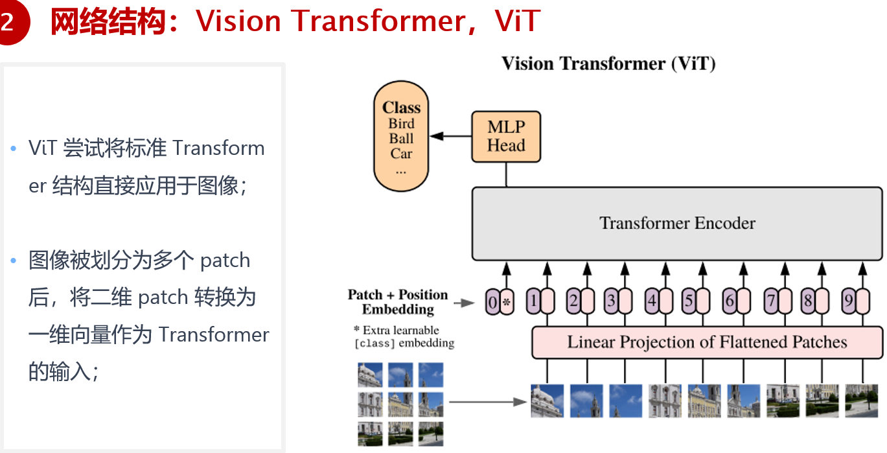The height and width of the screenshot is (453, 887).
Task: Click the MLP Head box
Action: coord(506,137)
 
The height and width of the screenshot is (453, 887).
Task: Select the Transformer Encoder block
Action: coord(677,224)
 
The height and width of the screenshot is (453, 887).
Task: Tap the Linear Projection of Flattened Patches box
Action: coord(708,343)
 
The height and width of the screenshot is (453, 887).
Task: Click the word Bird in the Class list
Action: coord(401,124)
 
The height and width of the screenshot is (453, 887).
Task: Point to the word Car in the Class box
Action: coord(401,153)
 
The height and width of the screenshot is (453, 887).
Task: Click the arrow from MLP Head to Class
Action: coord(451,136)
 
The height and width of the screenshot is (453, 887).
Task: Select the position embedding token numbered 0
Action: coord(492,302)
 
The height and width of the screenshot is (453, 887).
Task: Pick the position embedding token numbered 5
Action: coord(689,301)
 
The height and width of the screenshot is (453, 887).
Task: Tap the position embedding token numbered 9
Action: coord(849,301)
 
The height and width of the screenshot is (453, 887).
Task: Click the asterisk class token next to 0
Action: coord(507,302)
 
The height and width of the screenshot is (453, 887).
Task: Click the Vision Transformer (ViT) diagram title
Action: coord(608,64)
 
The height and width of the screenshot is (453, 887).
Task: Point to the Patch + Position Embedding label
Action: coord(398,302)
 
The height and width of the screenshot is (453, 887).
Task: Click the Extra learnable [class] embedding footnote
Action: coord(404,336)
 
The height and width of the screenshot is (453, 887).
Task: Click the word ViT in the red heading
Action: coord(517,21)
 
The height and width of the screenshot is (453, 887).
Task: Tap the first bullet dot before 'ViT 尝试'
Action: coord(14,148)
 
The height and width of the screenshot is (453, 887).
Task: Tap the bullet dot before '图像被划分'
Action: coord(14,261)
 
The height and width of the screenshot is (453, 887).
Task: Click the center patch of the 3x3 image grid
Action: coord(400,404)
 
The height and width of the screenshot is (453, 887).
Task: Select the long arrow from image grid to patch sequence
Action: coord(488,402)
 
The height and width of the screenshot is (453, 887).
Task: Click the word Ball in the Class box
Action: coord(401,139)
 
